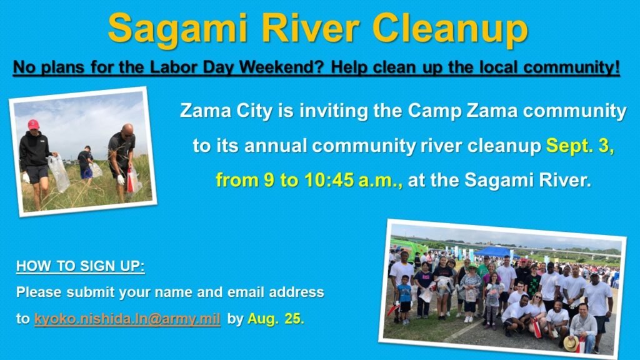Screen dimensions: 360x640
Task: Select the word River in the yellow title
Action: (312, 28)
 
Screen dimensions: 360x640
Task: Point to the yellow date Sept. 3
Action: (580, 146)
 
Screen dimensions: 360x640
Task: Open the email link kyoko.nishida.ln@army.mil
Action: (127, 318)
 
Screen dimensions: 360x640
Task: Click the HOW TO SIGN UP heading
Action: (81, 266)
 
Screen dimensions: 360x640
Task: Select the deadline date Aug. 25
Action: (274, 318)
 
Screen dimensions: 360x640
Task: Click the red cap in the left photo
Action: (33, 124)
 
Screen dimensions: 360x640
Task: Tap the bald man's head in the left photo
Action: (127, 129)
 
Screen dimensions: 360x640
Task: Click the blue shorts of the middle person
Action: (86, 172)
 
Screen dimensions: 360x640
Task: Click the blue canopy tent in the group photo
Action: (494, 251)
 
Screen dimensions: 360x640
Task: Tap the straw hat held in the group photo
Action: (569, 342)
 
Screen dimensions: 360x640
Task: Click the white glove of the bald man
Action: (121, 180)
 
